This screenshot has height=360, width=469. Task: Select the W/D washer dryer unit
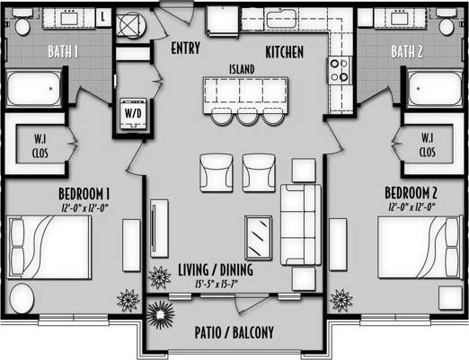pos(131,115)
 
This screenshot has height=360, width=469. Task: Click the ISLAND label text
pos(242,69)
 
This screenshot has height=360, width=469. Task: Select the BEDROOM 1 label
pos(84,193)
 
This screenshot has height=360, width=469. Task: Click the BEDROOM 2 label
pos(411,193)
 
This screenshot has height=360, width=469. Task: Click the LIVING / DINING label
pos(215,270)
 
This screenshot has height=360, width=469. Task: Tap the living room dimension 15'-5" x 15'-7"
pos(215,284)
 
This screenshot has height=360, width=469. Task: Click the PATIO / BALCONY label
pos(234,332)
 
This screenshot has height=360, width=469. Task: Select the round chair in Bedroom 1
pos(22,298)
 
